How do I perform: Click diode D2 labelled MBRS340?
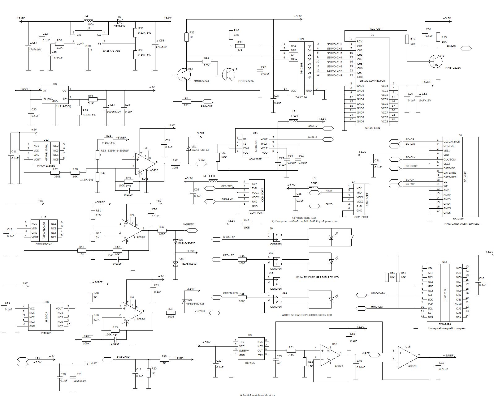tap(120, 21)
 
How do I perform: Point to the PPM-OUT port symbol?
tap(207, 101)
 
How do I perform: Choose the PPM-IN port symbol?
tap(466, 48)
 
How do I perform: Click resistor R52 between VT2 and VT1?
tap(206, 62)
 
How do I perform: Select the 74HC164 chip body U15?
tap(301, 68)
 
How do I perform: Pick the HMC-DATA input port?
tap(361, 295)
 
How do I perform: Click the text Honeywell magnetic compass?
tap(447, 328)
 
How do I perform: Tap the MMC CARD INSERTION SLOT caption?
tap(462, 224)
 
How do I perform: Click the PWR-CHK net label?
tap(123, 357)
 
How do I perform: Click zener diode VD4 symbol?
tap(175, 264)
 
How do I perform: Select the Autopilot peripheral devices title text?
tap(257, 394)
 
